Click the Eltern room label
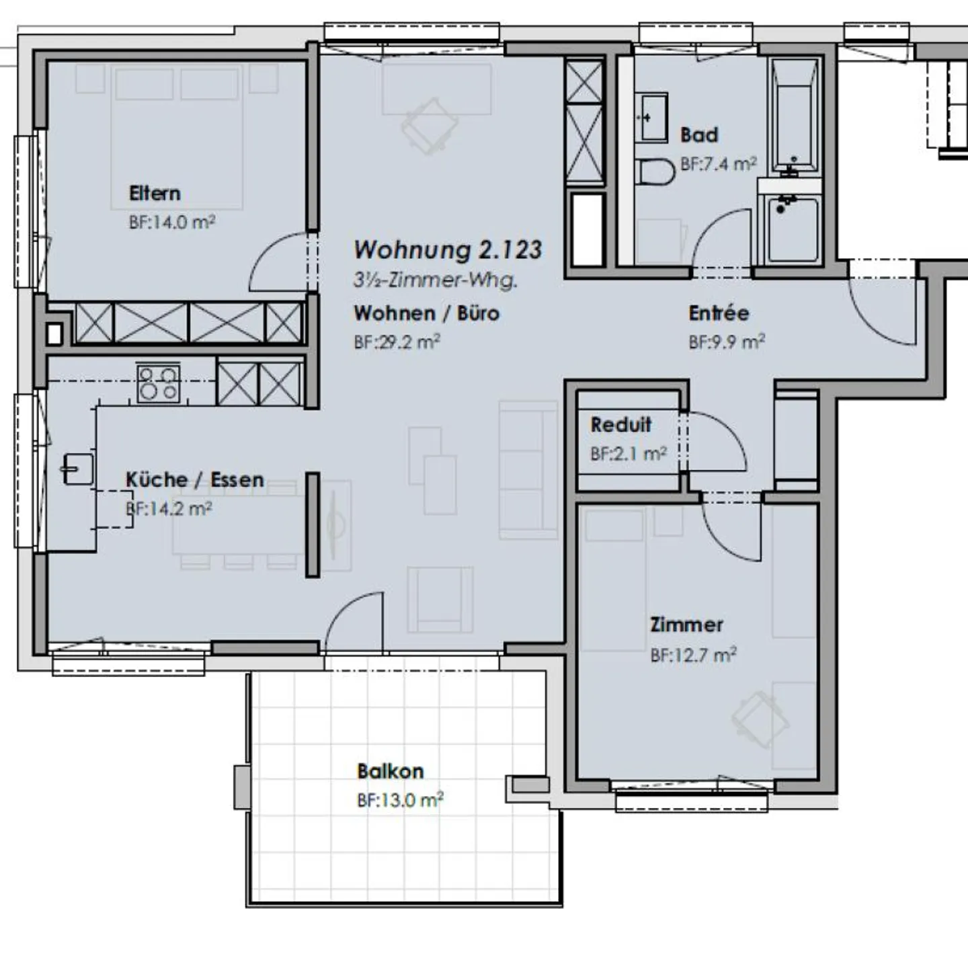pyautogui.click(x=155, y=194)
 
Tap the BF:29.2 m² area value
pyautogui.click(x=397, y=342)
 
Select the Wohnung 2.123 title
pyautogui.click(x=448, y=250)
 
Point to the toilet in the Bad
pyautogui.click(x=655, y=172)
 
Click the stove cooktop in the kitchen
pyautogui.click(x=158, y=383)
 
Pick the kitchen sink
pyautogui.click(x=78, y=469)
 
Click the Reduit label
pyautogui.click(x=621, y=425)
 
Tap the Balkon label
pyautogui.click(x=391, y=771)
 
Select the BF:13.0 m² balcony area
pyautogui.click(x=400, y=799)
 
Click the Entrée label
pyautogui.click(x=719, y=313)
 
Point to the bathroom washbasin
pyautogui.click(x=651, y=116)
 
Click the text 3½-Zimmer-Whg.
pyautogui.click(x=435, y=280)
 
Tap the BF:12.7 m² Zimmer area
pyautogui.click(x=693, y=655)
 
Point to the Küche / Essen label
pyautogui.click(x=194, y=479)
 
